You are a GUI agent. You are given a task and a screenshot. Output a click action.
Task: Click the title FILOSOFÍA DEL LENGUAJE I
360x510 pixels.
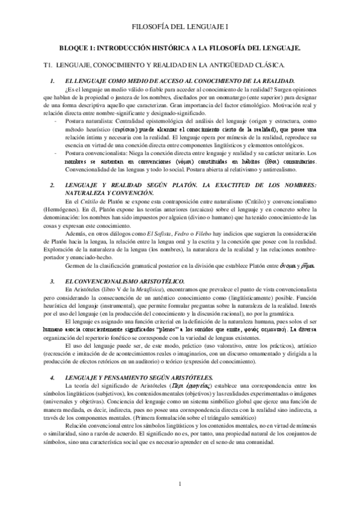[180, 27]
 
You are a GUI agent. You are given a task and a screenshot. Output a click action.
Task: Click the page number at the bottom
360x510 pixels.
[180, 485]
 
